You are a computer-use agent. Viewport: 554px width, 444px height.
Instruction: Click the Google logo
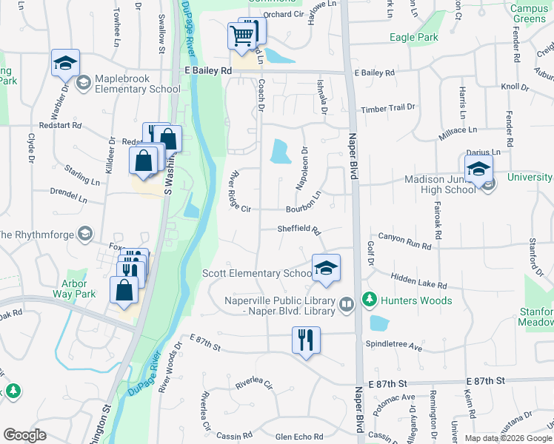pos(24,435)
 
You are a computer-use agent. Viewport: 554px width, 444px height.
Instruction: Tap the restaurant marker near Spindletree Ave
pos(305,340)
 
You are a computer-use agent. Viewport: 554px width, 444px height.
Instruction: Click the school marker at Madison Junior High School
pos(478,168)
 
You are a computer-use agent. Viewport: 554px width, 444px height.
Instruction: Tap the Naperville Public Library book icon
pos(346,305)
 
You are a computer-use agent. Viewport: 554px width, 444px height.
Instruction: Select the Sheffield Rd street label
pos(298,229)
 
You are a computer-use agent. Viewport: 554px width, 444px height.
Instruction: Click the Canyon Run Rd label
pos(404,241)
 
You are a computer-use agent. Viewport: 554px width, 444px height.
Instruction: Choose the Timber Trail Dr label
pos(388,108)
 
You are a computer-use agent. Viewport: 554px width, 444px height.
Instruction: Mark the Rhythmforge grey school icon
pos(85,235)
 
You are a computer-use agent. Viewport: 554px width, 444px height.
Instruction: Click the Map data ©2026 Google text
pos(508,437)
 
